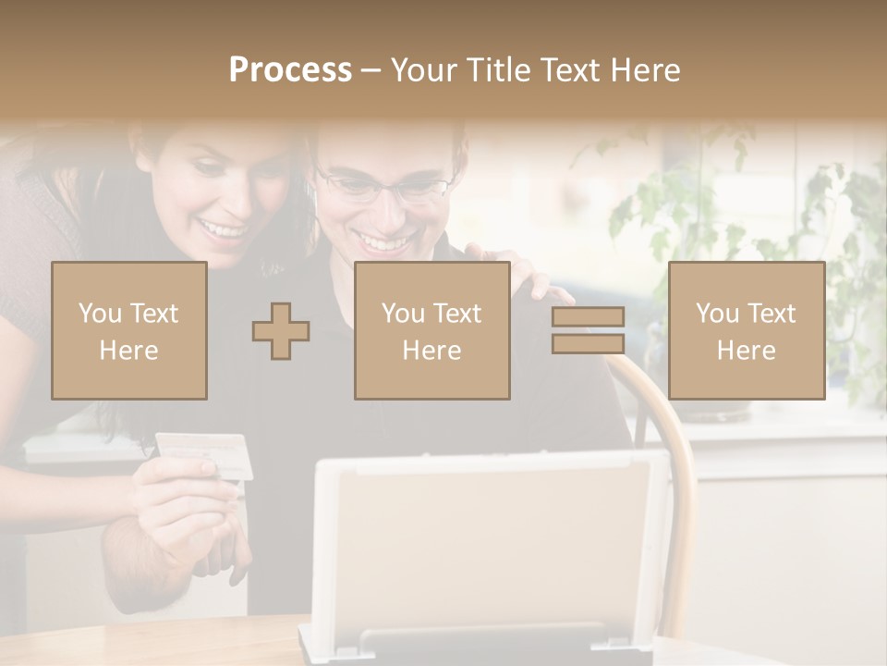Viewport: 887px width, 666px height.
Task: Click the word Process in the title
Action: coord(290,70)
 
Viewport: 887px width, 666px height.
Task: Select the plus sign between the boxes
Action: coord(281,331)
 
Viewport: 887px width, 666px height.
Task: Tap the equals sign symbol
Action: coord(588,330)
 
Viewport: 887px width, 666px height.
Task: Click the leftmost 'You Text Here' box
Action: coord(129,330)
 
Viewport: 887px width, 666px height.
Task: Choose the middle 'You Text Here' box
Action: coord(432,330)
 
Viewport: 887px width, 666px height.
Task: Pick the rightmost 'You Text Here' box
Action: coord(747,330)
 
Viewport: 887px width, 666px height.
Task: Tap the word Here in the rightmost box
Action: coord(747,350)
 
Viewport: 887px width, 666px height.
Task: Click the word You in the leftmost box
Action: coord(99,313)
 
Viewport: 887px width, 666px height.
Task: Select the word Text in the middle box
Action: coord(456,313)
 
